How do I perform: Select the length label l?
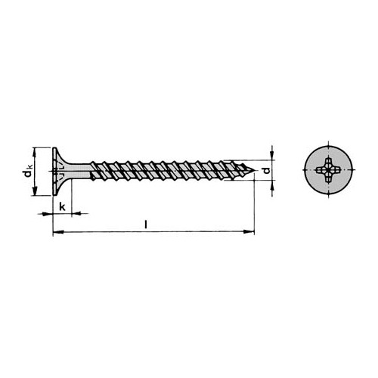[x=148, y=224]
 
